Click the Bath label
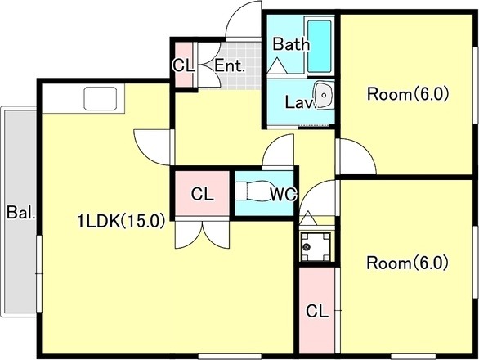point(291,44)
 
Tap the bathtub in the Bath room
point(320,46)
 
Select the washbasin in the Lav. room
point(324,95)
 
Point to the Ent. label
point(230,65)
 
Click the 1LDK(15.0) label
point(121,221)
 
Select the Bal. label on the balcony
point(20,212)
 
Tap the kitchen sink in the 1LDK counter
point(101,98)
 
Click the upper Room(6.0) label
point(408,94)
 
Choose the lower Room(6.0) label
point(407,263)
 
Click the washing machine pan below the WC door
point(316,246)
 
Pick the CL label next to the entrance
point(183,65)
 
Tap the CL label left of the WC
point(202,194)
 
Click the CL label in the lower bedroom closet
point(317,312)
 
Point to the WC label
point(283,194)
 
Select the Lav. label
point(300,102)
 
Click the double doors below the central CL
point(202,234)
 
